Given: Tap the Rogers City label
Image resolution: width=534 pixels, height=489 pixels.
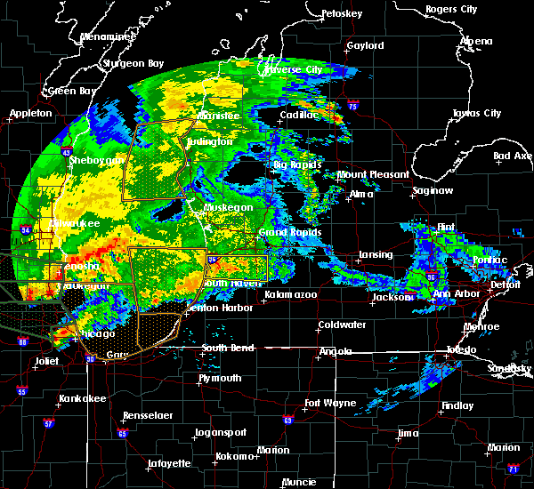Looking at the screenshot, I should click(451, 9).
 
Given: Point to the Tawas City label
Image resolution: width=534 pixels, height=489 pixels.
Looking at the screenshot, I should click(477, 114).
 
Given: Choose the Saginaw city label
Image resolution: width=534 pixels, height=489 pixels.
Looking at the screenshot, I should click(432, 191).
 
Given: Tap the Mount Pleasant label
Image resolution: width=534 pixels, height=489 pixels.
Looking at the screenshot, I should click(373, 174).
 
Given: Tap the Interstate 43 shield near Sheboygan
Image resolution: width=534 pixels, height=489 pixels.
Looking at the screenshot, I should click(69, 152).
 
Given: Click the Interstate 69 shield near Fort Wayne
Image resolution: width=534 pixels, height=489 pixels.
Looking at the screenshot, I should click(287, 420).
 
